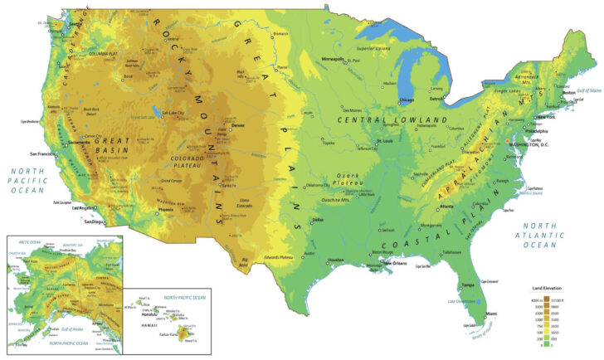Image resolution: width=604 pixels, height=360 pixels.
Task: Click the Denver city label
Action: pyautogui.click(x=239, y=126)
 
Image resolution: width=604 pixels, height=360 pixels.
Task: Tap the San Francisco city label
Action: pyautogui.click(x=44, y=154)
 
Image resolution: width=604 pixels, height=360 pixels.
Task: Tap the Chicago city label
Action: pyautogui.click(x=407, y=100)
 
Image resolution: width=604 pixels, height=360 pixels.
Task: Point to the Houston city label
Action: pyautogui.click(x=335, y=260)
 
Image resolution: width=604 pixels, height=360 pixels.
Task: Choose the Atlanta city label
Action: pyautogui.click(x=446, y=206)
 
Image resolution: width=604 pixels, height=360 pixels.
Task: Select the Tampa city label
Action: pyautogui.click(x=467, y=285)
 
